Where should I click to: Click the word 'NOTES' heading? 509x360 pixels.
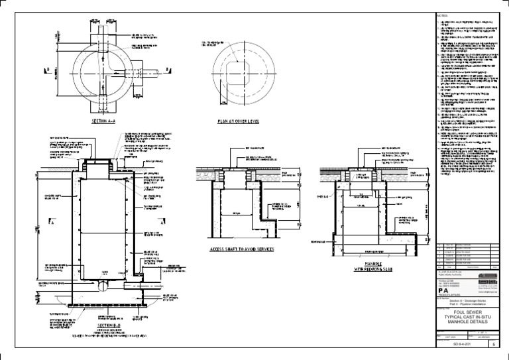[443, 15]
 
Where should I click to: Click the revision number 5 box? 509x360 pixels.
[491, 345]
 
